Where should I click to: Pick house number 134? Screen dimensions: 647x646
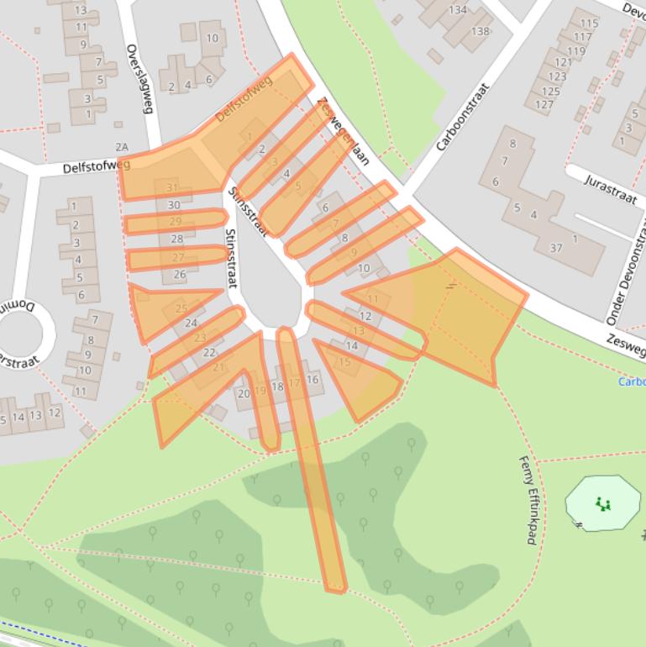click(458, 10)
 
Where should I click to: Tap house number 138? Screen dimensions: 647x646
click(480, 32)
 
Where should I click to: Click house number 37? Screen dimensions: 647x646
click(555, 248)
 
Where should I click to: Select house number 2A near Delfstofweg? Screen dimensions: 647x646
click(123, 147)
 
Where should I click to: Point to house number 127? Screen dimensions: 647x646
click(544, 104)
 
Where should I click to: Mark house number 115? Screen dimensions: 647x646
click(590, 24)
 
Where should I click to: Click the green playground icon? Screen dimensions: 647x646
click(602, 504)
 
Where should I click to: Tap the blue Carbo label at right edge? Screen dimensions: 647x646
click(631, 381)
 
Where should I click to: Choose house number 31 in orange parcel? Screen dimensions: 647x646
click(172, 187)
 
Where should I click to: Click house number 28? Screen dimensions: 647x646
click(177, 239)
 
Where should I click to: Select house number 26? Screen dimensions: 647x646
click(180, 275)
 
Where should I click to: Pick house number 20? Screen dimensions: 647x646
click(244, 393)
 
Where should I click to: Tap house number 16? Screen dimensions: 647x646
click(312, 380)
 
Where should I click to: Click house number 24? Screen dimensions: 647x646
click(191, 323)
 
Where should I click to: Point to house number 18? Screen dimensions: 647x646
click(277, 387)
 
